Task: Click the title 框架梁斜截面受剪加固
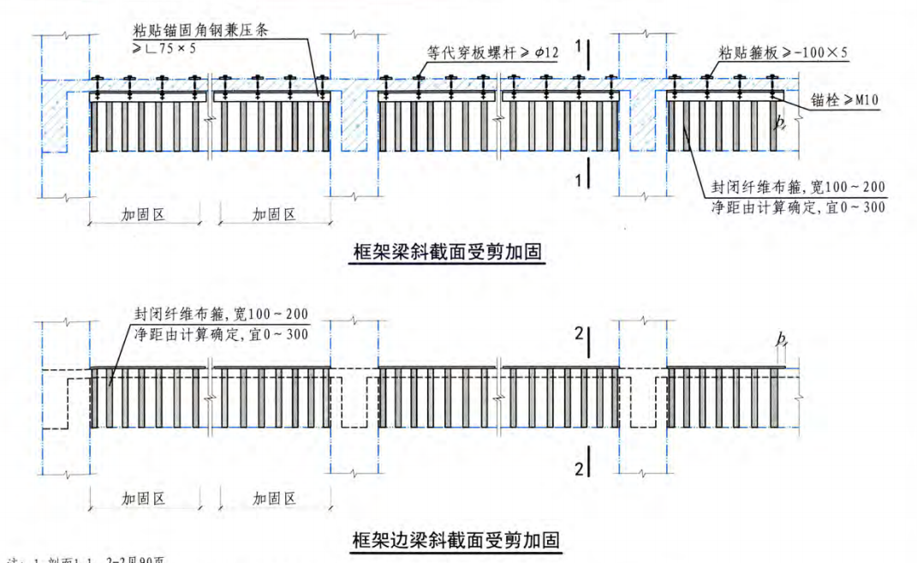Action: pyautogui.click(x=450, y=253)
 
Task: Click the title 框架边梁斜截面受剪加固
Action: pyautogui.click(x=456, y=540)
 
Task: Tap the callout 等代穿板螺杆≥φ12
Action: pyautogui.click(x=492, y=53)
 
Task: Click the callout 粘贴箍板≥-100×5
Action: pyautogui.click(x=783, y=53)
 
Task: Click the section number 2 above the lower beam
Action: pyautogui.click(x=579, y=334)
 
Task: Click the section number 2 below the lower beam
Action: pyautogui.click(x=579, y=468)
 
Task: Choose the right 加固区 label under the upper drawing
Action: pyautogui.click(x=274, y=214)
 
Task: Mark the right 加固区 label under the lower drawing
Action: pyautogui.click(x=274, y=498)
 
